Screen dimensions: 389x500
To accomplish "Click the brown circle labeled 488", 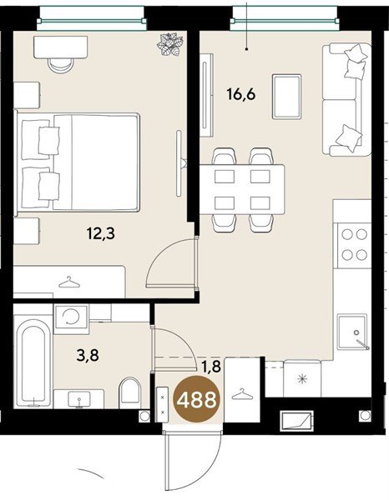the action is coord(197,399).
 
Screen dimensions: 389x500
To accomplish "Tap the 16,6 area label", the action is coord(241,94).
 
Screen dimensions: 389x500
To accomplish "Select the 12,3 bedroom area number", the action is coord(101,233).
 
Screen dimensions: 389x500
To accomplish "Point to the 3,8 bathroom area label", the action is coord(88,355).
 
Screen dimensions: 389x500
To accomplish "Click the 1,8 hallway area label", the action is coord(211,367).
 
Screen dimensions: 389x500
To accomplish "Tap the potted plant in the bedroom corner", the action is coord(170,45).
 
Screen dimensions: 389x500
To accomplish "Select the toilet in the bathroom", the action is coord(129,392).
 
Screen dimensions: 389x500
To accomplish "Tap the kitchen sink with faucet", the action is coord(353,332).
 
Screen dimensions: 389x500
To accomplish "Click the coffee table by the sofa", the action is coord(287,97).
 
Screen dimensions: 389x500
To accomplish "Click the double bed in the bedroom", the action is coord(78,162).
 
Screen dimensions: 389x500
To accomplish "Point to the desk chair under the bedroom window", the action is coord(61,64).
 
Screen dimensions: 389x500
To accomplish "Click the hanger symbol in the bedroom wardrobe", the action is coord(69,282).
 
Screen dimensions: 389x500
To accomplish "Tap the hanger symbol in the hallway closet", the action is coord(242,394).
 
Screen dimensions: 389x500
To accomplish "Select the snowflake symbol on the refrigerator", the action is coord(302,379).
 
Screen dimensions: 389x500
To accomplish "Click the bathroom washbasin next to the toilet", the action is coord(79,398).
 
